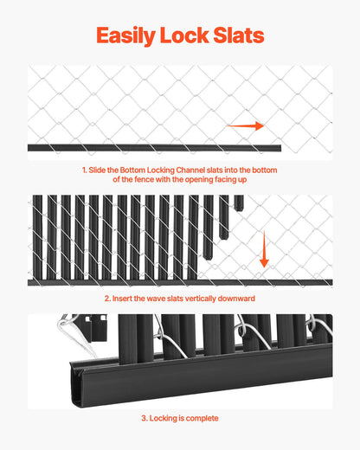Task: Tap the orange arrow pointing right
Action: [x=247, y=126]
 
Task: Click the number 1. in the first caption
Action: [x=85, y=170]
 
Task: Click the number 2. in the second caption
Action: [x=107, y=299]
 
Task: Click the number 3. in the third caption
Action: [x=144, y=418]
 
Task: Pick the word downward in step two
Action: [x=237, y=299]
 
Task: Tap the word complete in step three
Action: [x=202, y=418]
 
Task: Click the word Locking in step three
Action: [x=162, y=418]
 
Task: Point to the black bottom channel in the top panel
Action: [x=130, y=148]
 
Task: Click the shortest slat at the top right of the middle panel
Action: [x=239, y=202]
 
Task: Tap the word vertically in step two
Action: [x=200, y=299]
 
